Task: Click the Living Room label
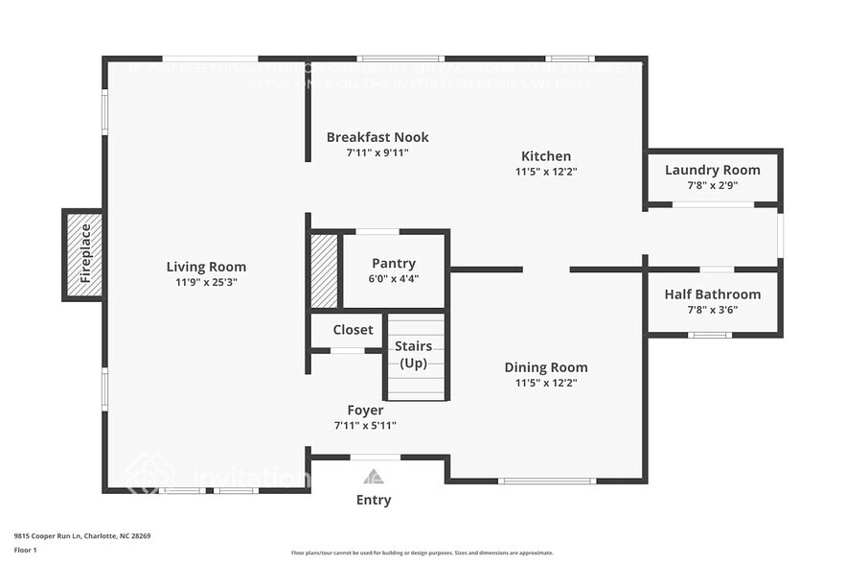coord(206,267)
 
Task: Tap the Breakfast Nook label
coord(377,137)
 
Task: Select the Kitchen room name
coord(546,156)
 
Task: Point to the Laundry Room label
coord(713,170)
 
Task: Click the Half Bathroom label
coord(713,294)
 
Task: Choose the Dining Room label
coord(546,367)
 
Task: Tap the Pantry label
coord(394,264)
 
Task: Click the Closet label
coord(353,330)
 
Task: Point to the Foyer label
coord(365,411)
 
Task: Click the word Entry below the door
coord(374,500)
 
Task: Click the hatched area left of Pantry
coord(325,270)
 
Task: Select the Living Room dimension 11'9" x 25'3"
coord(206,283)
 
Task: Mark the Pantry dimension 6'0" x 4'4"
coord(394,279)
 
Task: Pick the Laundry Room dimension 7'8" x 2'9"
coord(713,185)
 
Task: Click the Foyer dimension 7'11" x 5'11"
coord(365,425)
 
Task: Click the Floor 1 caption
coord(26,550)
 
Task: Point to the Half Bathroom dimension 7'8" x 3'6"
coord(713,310)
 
